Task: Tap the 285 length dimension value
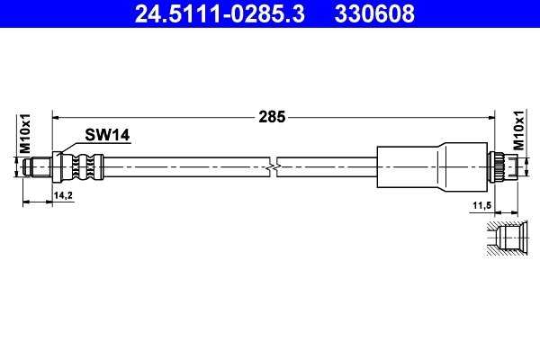pos(272,116)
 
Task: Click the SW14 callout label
pos(108,135)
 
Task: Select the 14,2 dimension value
pos(63,194)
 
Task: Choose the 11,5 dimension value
pos(481,207)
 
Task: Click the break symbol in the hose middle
pos(274,166)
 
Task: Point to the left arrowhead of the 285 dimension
pos(57,116)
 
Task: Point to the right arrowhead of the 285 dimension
pos(492,116)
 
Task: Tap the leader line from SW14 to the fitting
pos(72,147)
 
